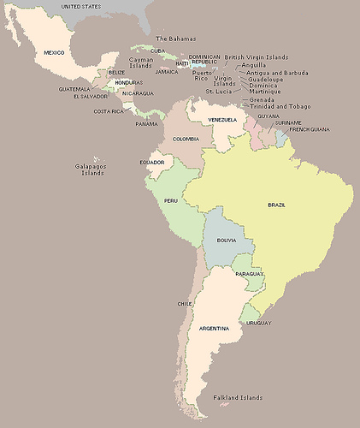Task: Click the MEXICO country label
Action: (54, 52)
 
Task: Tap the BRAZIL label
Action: (276, 205)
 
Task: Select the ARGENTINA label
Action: (213, 329)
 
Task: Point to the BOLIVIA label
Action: (227, 241)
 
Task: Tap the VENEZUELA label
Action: (222, 120)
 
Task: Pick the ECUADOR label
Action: (151, 162)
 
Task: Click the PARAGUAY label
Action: (248, 273)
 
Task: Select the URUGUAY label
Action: (258, 323)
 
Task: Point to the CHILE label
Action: (184, 304)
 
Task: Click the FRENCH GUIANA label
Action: (309, 129)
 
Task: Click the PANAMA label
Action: (146, 124)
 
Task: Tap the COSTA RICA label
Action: (108, 111)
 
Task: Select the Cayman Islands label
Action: (141, 62)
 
